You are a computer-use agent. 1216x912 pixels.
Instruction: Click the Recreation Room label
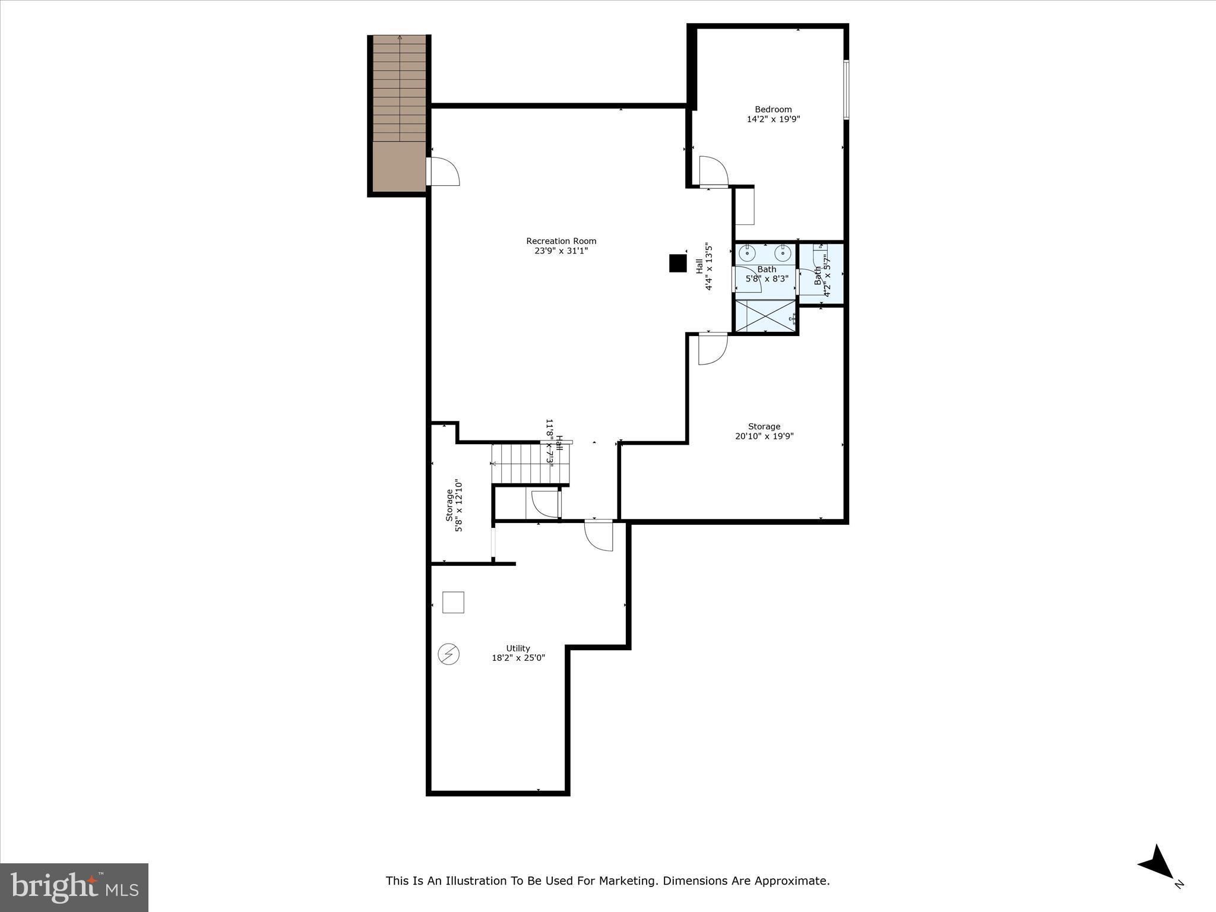[x=561, y=241]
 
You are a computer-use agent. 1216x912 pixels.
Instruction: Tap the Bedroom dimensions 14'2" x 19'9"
[x=773, y=119]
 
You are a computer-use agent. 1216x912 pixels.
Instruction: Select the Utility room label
[x=518, y=648]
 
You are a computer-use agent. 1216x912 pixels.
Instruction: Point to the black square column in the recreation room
[x=677, y=263]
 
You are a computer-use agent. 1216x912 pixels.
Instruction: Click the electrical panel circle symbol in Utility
[x=449, y=654]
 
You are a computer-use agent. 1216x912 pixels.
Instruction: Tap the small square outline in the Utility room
[x=454, y=602]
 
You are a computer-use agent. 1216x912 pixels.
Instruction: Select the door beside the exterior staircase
[x=442, y=172]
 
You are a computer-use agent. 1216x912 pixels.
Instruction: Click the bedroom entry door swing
[x=713, y=171]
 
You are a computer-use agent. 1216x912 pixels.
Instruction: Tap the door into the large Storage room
[x=712, y=349]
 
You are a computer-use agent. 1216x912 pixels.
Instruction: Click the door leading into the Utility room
[x=598, y=536]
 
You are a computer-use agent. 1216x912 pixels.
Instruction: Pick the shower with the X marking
[x=766, y=316]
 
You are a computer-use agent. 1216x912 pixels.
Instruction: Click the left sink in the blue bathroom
[x=747, y=254]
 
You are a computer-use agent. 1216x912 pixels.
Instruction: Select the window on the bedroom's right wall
[x=846, y=90]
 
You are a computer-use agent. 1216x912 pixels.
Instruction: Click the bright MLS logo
[x=74, y=886]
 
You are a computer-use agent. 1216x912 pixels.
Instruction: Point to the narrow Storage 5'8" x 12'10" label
[x=454, y=505]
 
